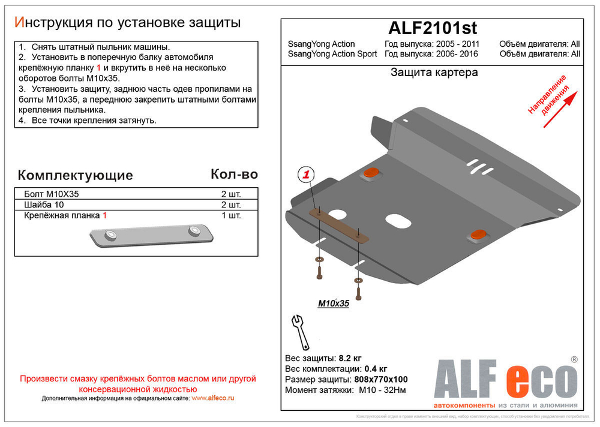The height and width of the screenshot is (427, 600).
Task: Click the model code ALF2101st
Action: click(x=433, y=28)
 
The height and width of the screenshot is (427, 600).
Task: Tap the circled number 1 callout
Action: click(x=306, y=175)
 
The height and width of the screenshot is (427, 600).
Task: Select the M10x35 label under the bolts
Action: click(x=333, y=303)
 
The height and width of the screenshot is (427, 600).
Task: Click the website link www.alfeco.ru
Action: click(x=213, y=398)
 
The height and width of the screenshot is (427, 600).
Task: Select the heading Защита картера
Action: click(x=434, y=73)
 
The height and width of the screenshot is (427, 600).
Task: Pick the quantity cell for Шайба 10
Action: click(x=231, y=205)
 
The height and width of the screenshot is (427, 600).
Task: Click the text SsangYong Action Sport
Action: click(x=332, y=54)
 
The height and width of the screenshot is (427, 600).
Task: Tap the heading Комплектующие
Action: click(x=75, y=175)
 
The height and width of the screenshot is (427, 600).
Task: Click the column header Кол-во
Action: click(x=234, y=174)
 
